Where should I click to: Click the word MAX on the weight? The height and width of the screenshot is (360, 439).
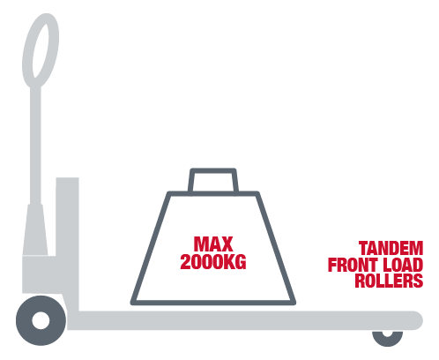[x=213, y=244]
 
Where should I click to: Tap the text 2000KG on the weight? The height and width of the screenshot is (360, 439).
[x=213, y=262]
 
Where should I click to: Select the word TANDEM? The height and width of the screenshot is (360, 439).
[x=391, y=248]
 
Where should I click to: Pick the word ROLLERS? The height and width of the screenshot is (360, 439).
[x=389, y=281]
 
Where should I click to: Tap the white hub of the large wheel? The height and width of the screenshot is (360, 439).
[x=41, y=320]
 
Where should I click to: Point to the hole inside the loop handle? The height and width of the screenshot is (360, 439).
[x=41, y=50]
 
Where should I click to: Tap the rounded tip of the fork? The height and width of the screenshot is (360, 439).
[x=417, y=320]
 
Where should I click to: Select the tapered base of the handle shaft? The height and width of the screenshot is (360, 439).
[x=35, y=229]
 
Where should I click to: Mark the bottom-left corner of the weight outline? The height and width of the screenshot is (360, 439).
[x=132, y=304]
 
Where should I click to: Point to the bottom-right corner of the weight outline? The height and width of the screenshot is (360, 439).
[x=294, y=304]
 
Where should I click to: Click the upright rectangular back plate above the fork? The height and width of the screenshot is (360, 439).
[x=67, y=244]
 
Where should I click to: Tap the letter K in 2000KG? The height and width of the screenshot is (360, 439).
[x=229, y=262]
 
